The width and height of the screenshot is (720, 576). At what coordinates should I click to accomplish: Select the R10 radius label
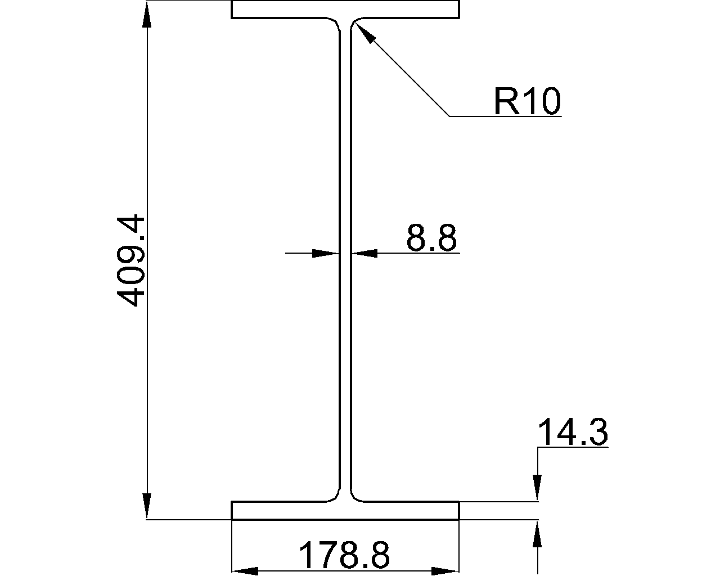pyautogui.click(x=527, y=102)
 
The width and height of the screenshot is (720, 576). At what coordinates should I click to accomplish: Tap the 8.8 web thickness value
pyautogui.click(x=431, y=238)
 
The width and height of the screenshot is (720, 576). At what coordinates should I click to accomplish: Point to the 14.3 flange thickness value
pyautogui.click(x=573, y=433)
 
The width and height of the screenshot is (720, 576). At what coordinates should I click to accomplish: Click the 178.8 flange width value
pyautogui.click(x=344, y=555)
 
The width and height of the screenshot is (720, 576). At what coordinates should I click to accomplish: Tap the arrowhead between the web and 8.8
pyautogui.click(x=364, y=254)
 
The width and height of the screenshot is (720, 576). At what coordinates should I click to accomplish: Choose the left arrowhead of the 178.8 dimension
pyautogui.click(x=245, y=571)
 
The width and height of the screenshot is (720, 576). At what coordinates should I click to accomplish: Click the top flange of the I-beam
pyautogui.click(x=345, y=10)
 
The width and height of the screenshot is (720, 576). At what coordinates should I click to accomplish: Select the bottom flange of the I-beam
pyautogui.click(x=345, y=510)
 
